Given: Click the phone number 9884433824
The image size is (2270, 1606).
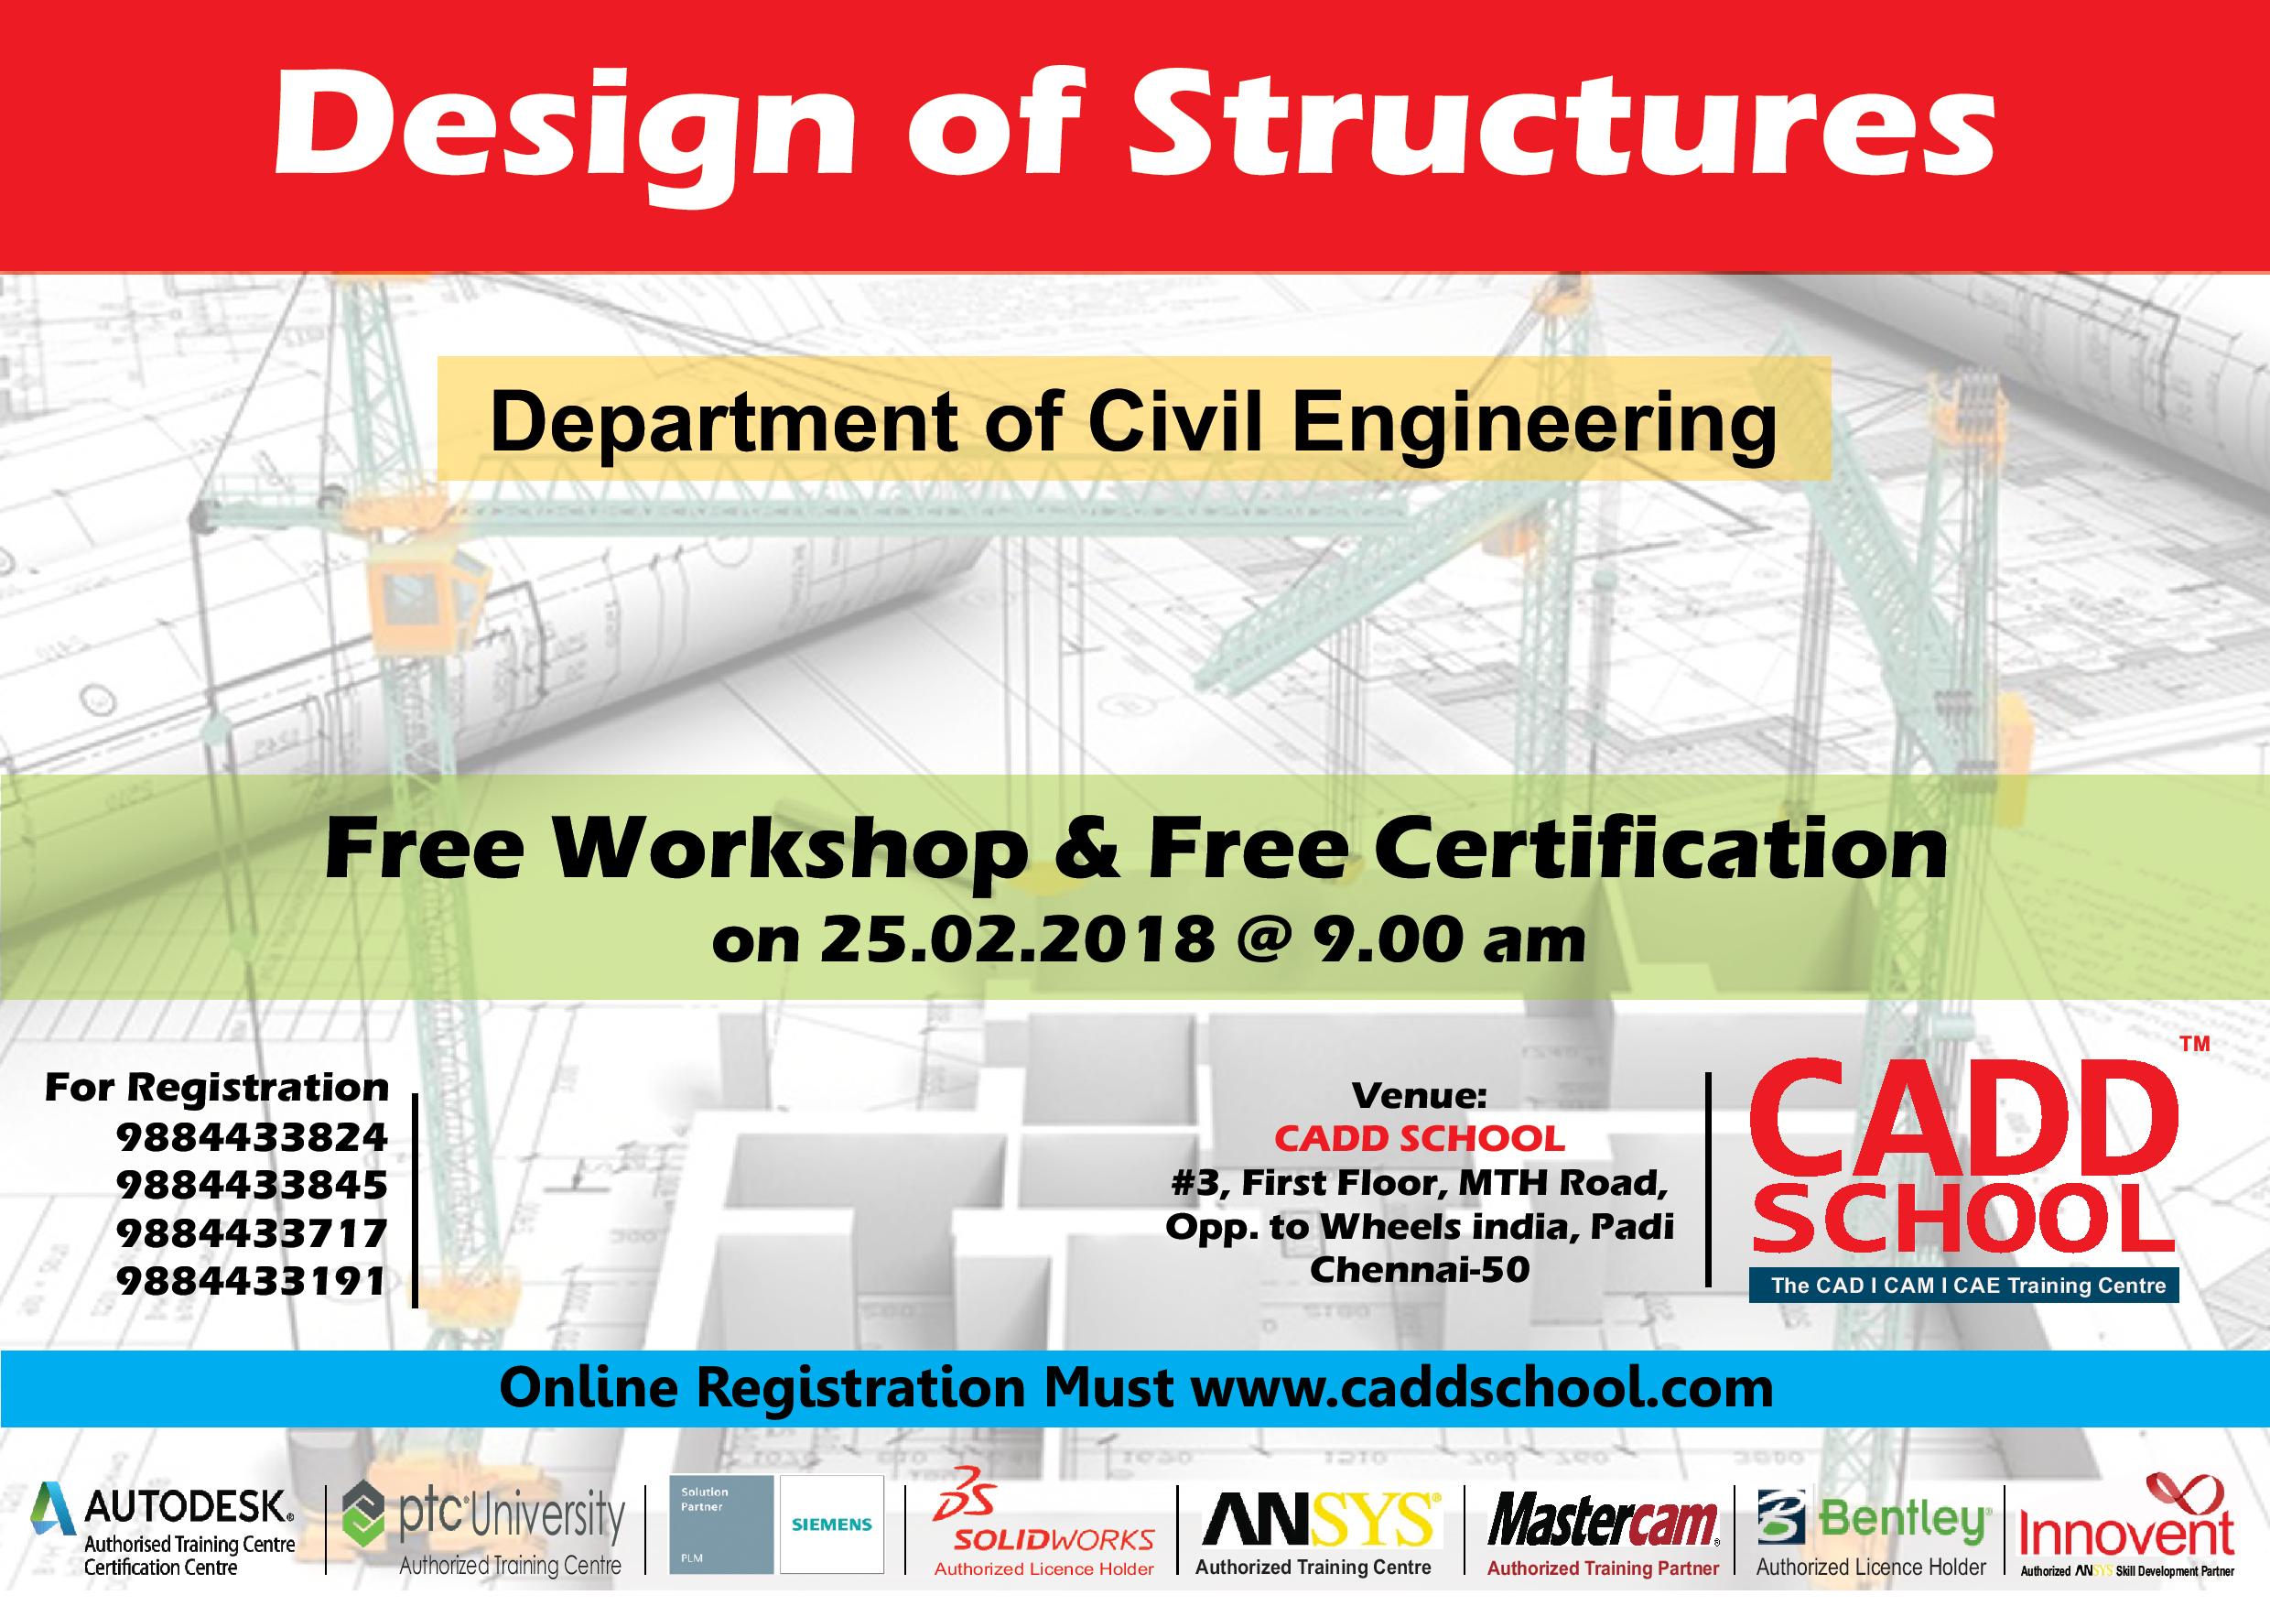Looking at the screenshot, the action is click(252, 1137).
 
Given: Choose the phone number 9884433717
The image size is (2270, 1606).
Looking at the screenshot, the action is click(252, 1233).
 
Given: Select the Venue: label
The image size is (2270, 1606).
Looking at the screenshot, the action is click(1419, 1094).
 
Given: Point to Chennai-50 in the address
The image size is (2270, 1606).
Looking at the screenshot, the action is click(1420, 1269).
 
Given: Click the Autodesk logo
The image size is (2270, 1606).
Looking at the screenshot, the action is click(163, 1542).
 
